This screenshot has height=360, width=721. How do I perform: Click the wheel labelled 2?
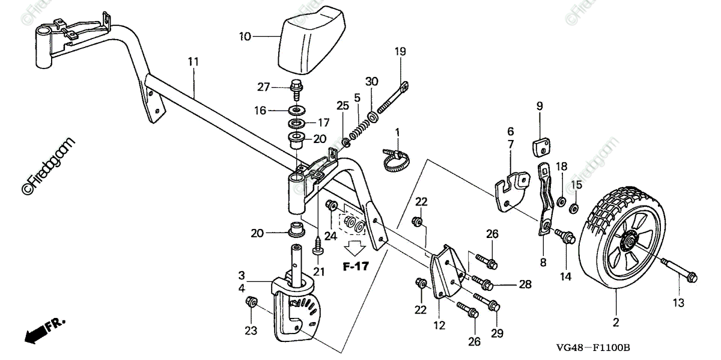coord(622,237)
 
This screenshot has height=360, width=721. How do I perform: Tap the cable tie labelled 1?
coord(396,159)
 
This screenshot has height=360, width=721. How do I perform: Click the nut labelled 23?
coord(251,302)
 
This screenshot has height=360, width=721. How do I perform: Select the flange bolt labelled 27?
coord(297,90)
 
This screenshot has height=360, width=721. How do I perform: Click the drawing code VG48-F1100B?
coord(593,348)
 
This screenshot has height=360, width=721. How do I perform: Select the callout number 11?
coord(193,61)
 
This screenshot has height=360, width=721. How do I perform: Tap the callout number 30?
coord(371,82)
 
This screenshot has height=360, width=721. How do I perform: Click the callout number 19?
coord(400,52)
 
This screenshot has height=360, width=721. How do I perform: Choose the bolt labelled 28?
coord(483,282)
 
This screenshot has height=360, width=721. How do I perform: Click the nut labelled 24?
coord(332,205)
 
